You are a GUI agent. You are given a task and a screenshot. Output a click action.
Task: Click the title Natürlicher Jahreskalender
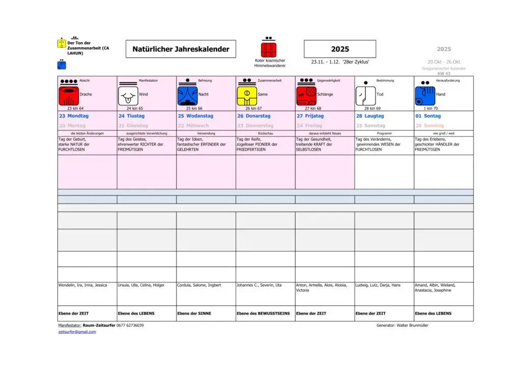pos(181,49)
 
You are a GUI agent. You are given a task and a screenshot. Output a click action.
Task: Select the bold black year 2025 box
pos(340,49)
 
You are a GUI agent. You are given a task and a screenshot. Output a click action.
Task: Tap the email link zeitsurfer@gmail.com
pos(77,332)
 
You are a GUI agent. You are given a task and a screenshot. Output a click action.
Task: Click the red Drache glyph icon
pos(69,96)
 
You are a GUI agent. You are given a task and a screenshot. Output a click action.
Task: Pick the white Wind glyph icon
pos(128,96)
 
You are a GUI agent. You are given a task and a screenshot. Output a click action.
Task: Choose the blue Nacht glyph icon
pos(187,96)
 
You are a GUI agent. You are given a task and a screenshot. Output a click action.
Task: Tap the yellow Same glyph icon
pos(247,96)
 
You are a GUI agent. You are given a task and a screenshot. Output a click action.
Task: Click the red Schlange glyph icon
pos(306,96)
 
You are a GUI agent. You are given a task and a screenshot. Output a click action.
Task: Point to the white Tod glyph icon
pos(365,96)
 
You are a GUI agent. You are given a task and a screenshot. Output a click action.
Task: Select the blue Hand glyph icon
pos(425,96)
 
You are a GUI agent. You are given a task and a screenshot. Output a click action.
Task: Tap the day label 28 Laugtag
pos(370,116)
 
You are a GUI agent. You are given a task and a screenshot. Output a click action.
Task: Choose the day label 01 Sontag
pos(428,116)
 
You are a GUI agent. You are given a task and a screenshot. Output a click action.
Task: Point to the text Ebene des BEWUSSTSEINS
pos(263,314)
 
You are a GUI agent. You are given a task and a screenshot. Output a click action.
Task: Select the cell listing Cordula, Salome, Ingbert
pos(199,285)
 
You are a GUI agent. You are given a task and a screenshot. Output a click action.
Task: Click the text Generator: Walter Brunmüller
pos(402,325)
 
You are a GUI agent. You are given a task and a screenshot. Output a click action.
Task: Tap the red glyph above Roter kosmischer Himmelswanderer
pos(269,50)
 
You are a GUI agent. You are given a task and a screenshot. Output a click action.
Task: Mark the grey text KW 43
pos(444,73)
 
